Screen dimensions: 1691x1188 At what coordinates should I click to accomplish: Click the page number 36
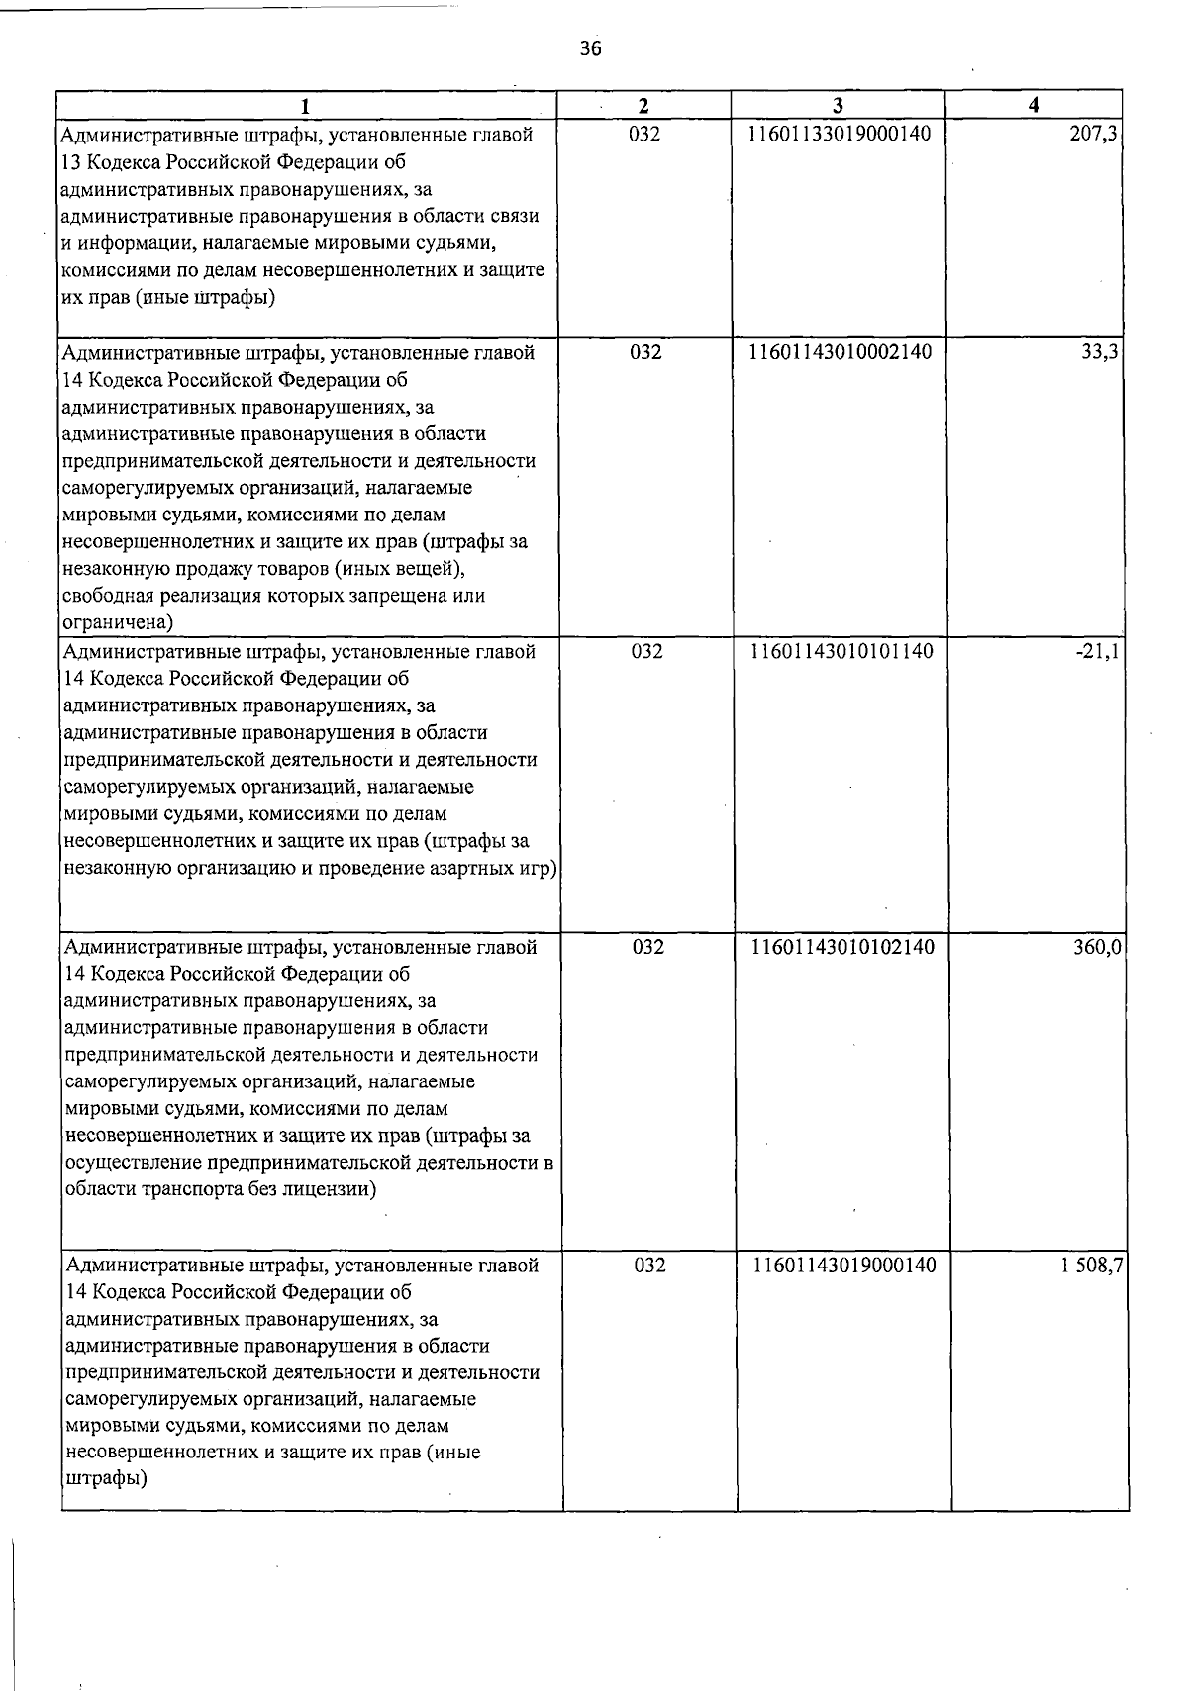(591, 48)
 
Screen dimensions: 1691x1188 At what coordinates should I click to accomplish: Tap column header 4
(1034, 106)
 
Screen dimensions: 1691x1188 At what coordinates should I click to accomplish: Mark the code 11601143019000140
(843, 1266)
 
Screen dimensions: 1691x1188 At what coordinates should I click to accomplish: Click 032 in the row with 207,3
(644, 134)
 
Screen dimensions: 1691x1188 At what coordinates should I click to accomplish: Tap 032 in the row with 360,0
(648, 947)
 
